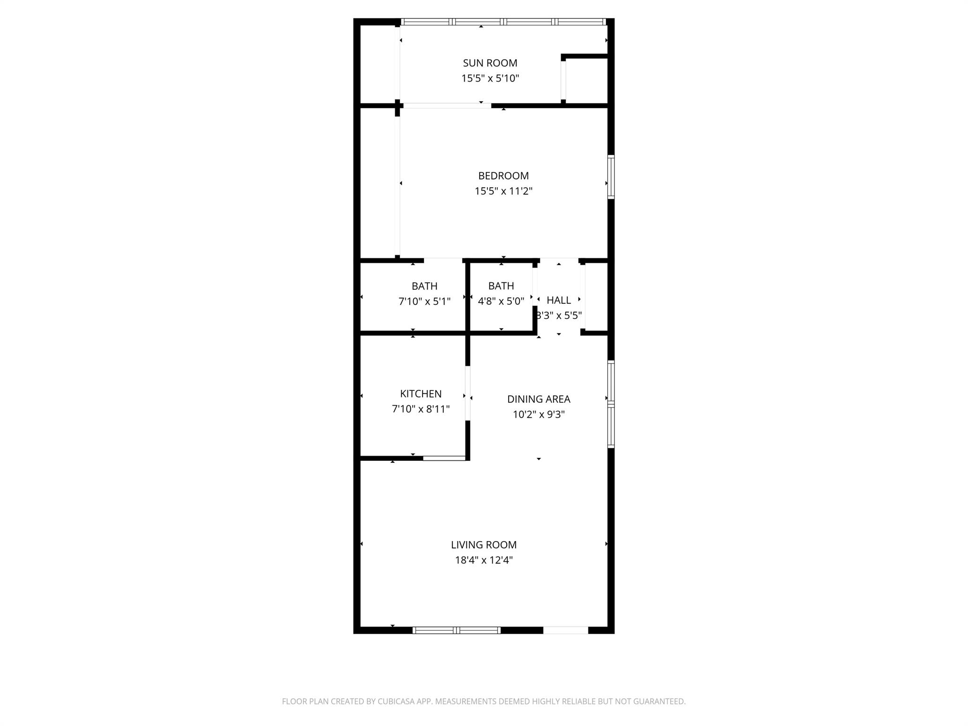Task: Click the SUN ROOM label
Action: click(490, 63)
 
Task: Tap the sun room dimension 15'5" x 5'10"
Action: click(490, 78)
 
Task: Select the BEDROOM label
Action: click(503, 176)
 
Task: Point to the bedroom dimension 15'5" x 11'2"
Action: click(503, 191)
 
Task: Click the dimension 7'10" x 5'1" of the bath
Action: click(424, 302)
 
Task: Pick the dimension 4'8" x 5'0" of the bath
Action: click(501, 302)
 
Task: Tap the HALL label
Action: click(559, 300)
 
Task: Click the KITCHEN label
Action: click(421, 394)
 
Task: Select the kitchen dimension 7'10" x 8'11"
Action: click(421, 409)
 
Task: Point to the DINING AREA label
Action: click(539, 399)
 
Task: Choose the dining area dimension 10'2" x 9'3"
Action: click(539, 415)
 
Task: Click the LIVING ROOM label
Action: click(484, 545)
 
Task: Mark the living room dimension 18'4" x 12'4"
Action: click(484, 561)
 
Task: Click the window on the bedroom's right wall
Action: click(611, 176)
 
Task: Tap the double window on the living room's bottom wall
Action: click(456, 630)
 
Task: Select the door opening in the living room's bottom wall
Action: click(565, 630)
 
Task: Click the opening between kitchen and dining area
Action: click(468, 393)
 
